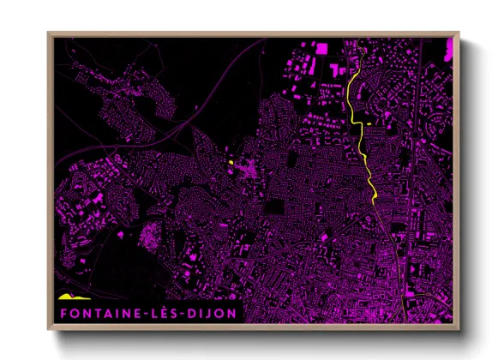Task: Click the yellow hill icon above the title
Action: click(x=68, y=297)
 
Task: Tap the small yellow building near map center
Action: click(x=231, y=162)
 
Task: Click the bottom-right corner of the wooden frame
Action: click(x=459, y=328)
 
